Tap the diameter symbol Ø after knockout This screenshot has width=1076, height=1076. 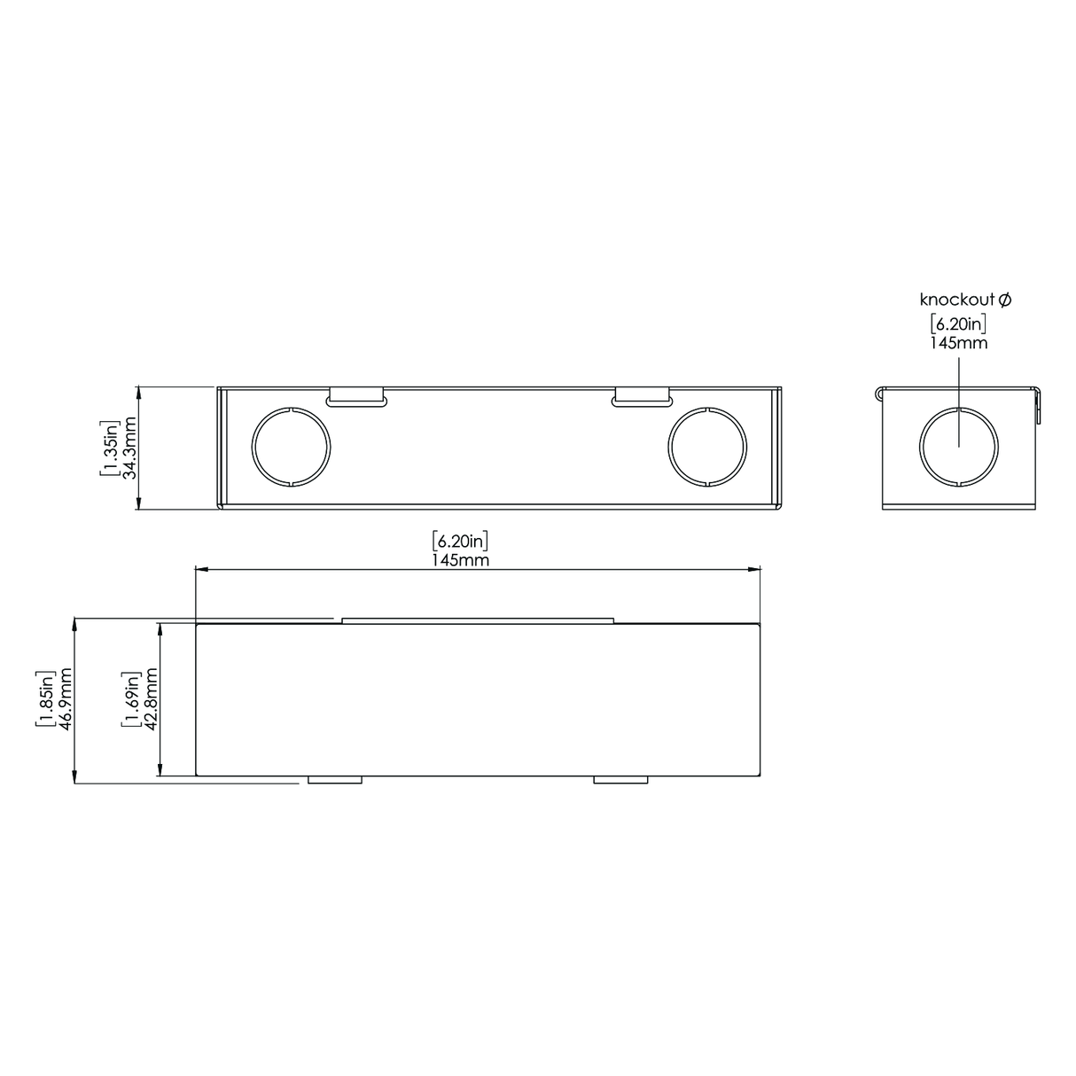pyautogui.click(x=1004, y=300)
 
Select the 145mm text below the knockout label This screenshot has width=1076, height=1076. pyautogui.click(x=958, y=342)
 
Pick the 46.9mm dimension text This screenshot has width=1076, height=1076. pyautogui.click(x=64, y=700)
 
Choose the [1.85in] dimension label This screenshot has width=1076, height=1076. pyautogui.click(x=44, y=700)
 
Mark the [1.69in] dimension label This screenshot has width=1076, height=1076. pyautogui.click(x=131, y=700)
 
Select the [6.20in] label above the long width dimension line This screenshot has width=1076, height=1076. pyautogui.click(x=461, y=540)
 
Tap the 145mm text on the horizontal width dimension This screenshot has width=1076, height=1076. pyautogui.click(x=461, y=559)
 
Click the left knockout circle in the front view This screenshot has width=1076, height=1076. pyautogui.click(x=291, y=448)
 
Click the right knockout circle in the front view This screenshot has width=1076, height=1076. pyautogui.click(x=707, y=448)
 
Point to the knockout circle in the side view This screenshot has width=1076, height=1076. pyautogui.click(x=959, y=448)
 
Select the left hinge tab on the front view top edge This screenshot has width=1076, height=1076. pyautogui.click(x=356, y=396)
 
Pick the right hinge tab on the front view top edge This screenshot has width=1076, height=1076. pyautogui.click(x=641, y=396)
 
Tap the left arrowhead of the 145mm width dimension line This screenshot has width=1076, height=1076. pyautogui.click(x=201, y=571)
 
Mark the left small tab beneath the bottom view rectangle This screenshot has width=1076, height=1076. pyautogui.click(x=334, y=780)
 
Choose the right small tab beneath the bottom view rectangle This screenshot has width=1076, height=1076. pyautogui.click(x=620, y=780)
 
